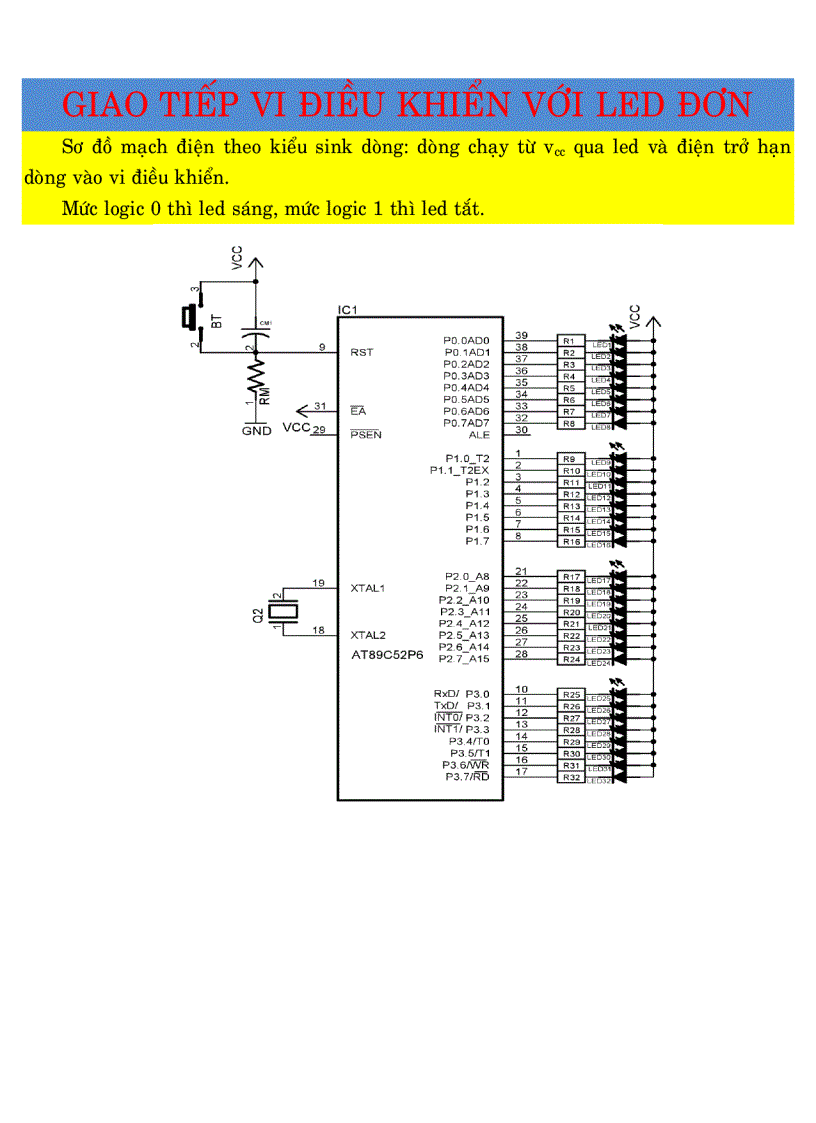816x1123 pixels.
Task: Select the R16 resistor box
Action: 571,541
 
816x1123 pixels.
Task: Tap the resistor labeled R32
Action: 571,777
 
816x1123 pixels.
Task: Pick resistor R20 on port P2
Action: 571,612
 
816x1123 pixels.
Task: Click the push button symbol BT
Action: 190,318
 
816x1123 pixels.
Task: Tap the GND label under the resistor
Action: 257,430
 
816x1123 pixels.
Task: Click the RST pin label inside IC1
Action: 362,352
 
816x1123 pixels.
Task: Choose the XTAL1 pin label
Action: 369,588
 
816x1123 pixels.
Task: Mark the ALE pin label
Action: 479,435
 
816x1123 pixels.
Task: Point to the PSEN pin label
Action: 366,435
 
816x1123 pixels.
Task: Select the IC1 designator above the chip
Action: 348,310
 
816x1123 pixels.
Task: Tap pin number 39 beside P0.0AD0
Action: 521,335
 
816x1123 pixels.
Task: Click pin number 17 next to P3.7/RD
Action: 521,771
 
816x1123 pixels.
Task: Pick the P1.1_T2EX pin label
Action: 459,470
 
